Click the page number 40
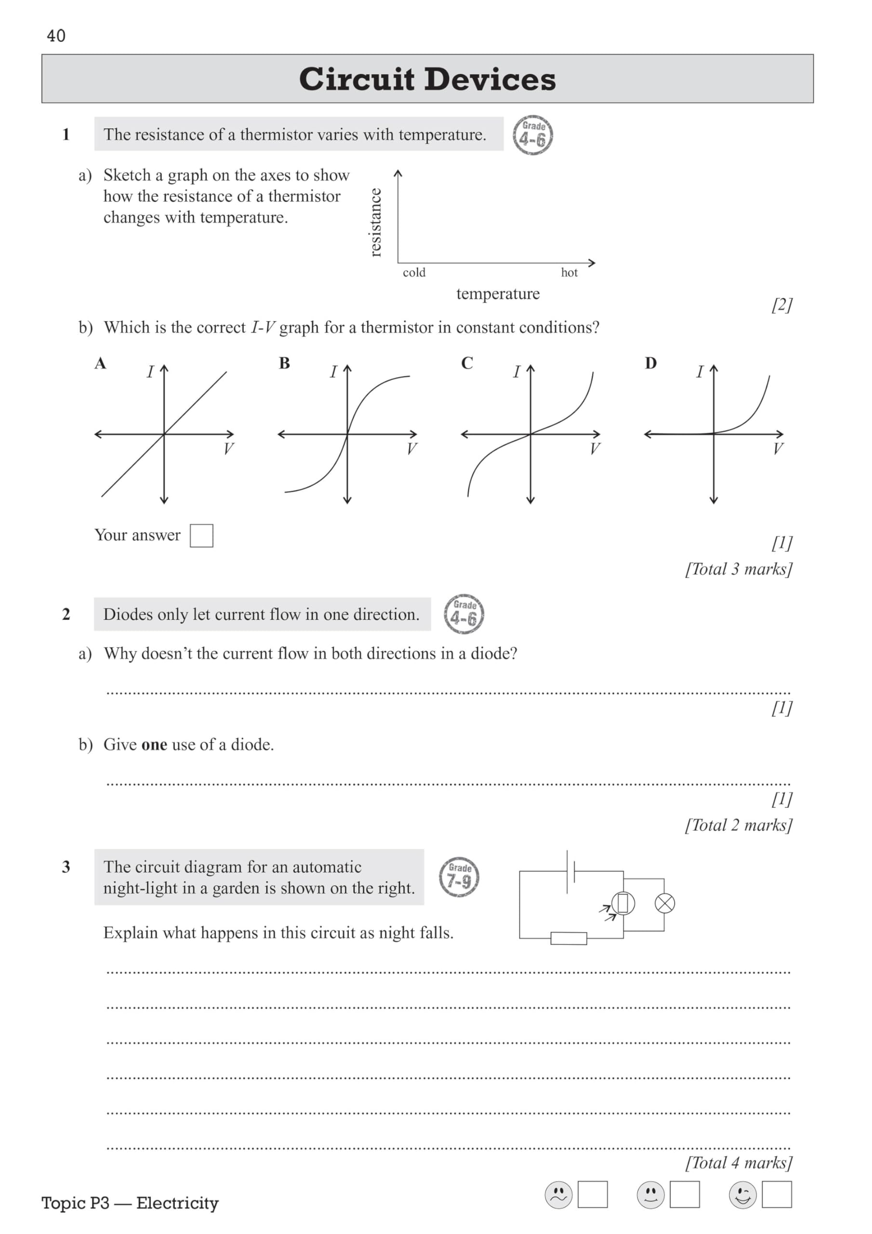click(x=56, y=36)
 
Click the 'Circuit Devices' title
click(x=427, y=79)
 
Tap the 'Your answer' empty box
click(x=201, y=536)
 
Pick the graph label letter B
click(x=284, y=363)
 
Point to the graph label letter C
click(x=467, y=363)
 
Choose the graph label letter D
click(x=651, y=363)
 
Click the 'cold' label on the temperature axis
click(x=414, y=272)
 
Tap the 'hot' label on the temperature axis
click(x=569, y=272)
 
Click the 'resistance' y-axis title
click(x=376, y=223)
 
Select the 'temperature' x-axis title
click(x=498, y=294)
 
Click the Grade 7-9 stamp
click(x=460, y=877)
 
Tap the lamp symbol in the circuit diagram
click(x=665, y=903)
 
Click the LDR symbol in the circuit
click(x=623, y=903)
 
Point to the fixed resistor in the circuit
click(x=568, y=939)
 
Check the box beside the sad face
click(x=593, y=1195)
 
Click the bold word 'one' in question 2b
click(x=154, y=745)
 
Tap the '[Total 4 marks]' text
click(x=738, y=1163)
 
